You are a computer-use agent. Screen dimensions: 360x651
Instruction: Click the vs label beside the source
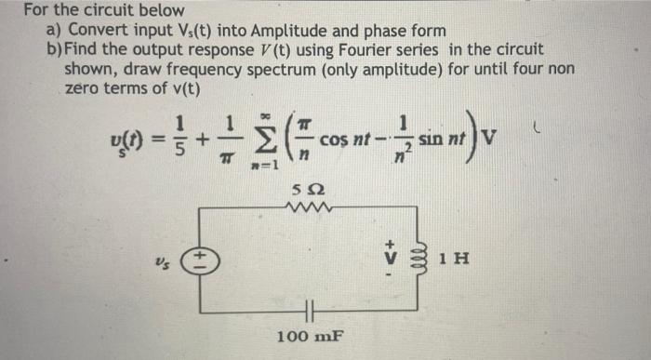pyautogui.click(x=153, y=263)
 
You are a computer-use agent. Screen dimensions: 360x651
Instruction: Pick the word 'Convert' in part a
pyautogui.click(x=95, y=30)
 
